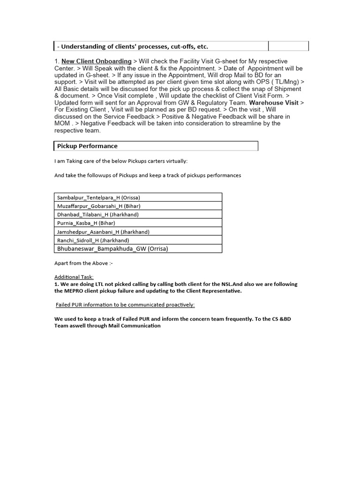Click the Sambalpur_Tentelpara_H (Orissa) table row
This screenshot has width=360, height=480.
click(98, 197)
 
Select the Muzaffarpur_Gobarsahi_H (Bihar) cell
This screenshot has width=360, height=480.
click(98, 206)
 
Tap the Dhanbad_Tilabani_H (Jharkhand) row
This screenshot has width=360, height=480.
click(98, 215)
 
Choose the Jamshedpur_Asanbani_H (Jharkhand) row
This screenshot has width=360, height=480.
click(100, 232)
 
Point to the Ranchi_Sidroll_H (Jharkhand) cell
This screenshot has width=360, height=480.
click(93, 240)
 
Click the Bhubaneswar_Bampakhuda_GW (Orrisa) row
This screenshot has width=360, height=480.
click(112, 248)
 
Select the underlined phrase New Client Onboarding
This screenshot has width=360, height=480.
click(97, 61)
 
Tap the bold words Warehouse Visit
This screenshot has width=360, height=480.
click(273, 103)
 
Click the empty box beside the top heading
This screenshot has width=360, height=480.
click(288, 46)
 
